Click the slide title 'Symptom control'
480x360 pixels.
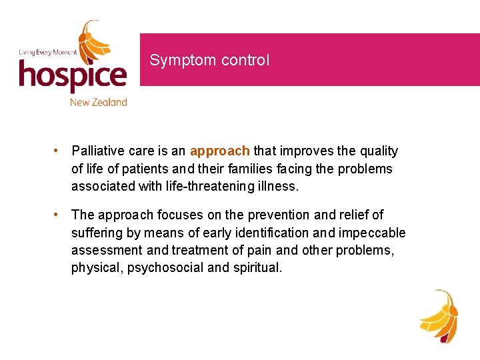[209, 60]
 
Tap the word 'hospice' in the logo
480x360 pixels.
[73, 75]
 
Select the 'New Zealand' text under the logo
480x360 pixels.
[98, 102]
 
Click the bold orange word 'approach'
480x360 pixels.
[220, 151]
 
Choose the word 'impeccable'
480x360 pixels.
[373, 233]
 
